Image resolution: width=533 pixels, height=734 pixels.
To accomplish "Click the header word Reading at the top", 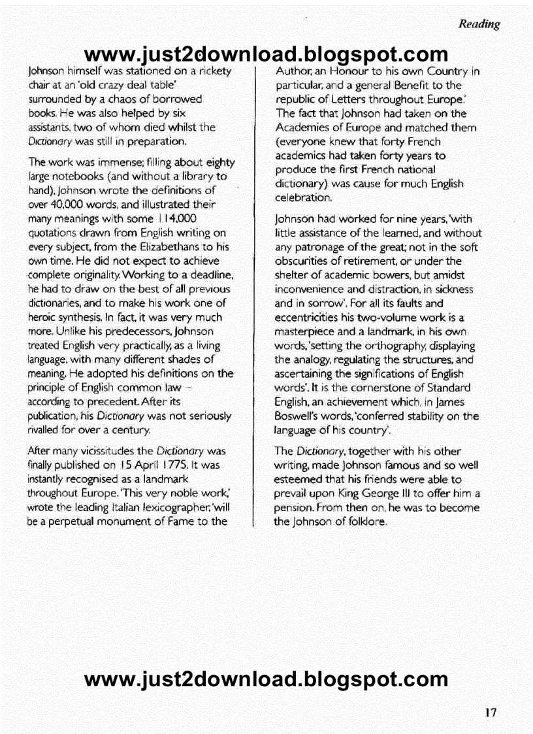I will pos(479,24).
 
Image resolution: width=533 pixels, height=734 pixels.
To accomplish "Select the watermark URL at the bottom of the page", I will pos(266,680).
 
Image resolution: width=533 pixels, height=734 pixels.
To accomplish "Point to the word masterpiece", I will pos(305,331).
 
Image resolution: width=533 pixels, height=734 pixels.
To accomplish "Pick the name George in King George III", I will pos(383,493).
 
